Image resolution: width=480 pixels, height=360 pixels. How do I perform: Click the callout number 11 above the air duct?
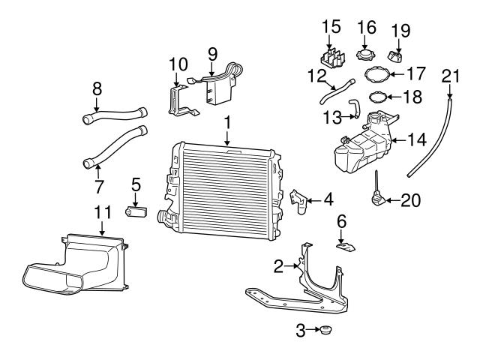pyautogui.click(x=102, y=212)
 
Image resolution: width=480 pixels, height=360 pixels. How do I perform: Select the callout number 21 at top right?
pyautogui.click(x=449, y=75)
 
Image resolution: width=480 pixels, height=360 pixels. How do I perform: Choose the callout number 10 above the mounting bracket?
pyautogui.click(x=177, y=64)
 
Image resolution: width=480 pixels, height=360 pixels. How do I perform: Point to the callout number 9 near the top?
pyautogui.click(x=212, y=53)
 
